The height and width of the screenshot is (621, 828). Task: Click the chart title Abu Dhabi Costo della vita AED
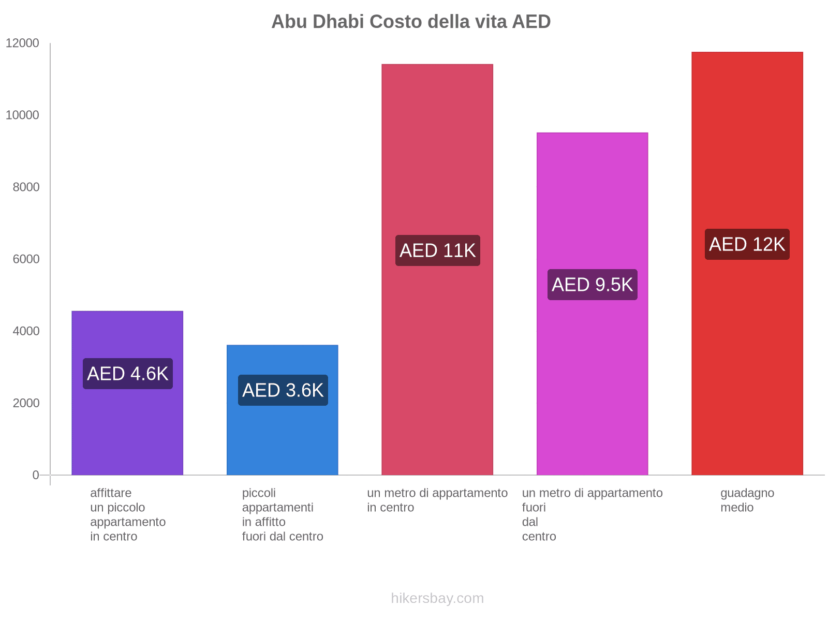coord(411,22)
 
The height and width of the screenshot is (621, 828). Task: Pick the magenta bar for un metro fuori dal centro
coord(592,388)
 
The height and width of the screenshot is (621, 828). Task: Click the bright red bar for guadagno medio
coord(747,362)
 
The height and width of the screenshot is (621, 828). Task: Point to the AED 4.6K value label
coord(127,374)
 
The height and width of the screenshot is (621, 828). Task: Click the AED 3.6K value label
coord(283,390)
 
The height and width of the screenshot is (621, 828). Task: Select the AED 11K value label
coord(437,250)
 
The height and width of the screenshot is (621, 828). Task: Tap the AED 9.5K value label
coord(592,285)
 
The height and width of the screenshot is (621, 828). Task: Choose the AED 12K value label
coord(747,244)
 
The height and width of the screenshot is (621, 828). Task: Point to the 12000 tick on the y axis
coord(22,43)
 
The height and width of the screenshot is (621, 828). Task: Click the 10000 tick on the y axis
coord(22,115)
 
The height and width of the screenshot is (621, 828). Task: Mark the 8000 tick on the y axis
coord(26,187)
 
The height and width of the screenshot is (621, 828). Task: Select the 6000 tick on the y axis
coord(26,259)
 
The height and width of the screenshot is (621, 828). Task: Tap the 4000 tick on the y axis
coord(26,331)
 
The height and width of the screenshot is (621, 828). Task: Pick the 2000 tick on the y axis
coord(26,403)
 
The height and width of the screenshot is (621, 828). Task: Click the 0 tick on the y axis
coord(36,475)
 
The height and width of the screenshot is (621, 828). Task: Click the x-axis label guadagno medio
coord(747,500)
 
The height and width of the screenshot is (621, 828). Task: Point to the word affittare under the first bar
coord(111,493)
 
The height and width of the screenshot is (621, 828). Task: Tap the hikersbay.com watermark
coord(437,598)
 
